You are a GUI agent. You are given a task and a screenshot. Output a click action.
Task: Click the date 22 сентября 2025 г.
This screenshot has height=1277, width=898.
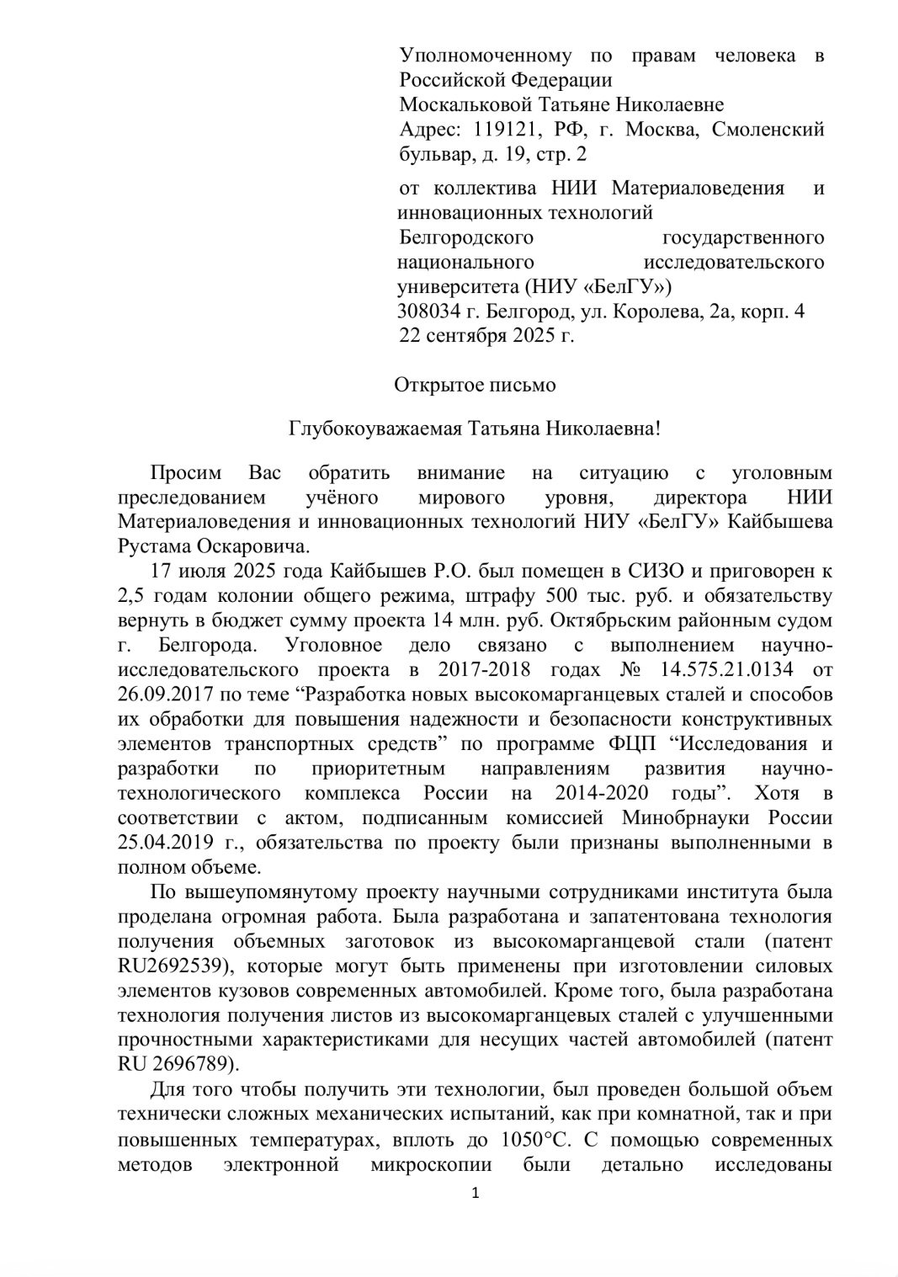(486, 335)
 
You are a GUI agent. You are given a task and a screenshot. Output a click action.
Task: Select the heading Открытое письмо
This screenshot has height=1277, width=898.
(475, 386)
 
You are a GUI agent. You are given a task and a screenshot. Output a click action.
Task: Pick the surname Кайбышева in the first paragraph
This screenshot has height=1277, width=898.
(780, 521)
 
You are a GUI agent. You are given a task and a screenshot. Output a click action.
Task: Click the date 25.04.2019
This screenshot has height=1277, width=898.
(161, 843)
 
